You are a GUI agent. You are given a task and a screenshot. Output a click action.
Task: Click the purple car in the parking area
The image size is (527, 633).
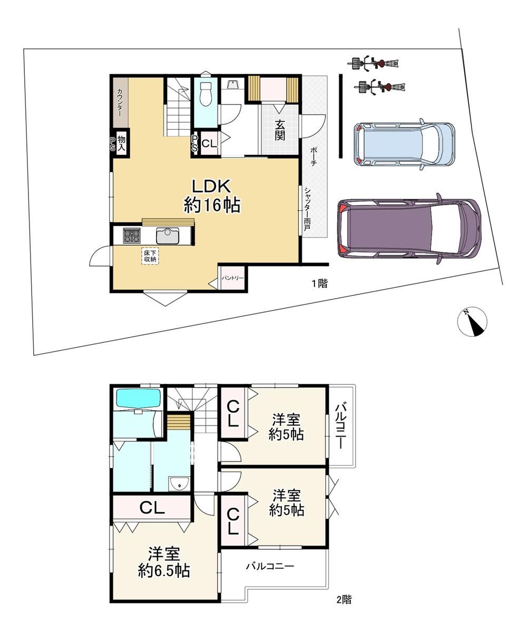point(409,228)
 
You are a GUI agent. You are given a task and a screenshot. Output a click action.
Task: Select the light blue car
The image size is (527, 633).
point(404,144)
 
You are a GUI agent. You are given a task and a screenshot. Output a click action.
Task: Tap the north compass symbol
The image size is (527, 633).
point(472,321)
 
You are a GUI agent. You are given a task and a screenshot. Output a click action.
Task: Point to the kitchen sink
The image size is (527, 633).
point(168,236)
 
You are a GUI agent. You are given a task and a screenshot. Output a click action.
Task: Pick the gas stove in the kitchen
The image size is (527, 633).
point(132,235)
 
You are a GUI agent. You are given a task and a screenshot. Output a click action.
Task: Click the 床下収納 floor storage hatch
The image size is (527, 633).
point(150,256)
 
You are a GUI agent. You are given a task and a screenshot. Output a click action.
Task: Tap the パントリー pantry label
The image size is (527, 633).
point(232,278)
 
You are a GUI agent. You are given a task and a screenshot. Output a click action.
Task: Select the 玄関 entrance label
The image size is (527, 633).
point(280,130)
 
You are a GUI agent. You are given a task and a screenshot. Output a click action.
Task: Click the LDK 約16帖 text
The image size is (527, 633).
point(212,196)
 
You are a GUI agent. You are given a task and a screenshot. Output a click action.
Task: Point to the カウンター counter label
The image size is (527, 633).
point(120,103)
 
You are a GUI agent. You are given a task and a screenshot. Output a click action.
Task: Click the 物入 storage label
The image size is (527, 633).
point(121,143)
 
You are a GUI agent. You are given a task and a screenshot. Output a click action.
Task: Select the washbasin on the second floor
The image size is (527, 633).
point(180,483)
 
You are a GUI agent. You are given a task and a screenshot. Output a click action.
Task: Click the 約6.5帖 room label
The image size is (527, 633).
point(164,571)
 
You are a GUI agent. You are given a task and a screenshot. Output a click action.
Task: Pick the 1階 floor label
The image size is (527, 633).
point(320,283)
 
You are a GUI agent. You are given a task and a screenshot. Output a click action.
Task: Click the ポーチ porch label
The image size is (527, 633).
point(314,156)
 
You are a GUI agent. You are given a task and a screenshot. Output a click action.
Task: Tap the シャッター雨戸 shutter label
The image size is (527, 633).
point(307,209)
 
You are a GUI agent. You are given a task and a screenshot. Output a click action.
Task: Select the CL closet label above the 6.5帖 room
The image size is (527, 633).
point(152,508)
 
